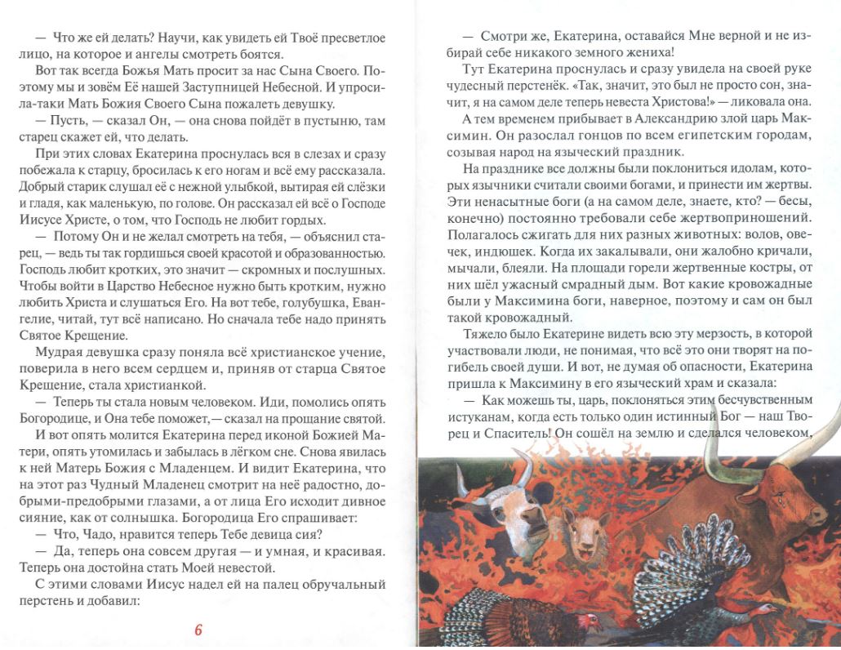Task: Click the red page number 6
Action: tap(198, 630)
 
